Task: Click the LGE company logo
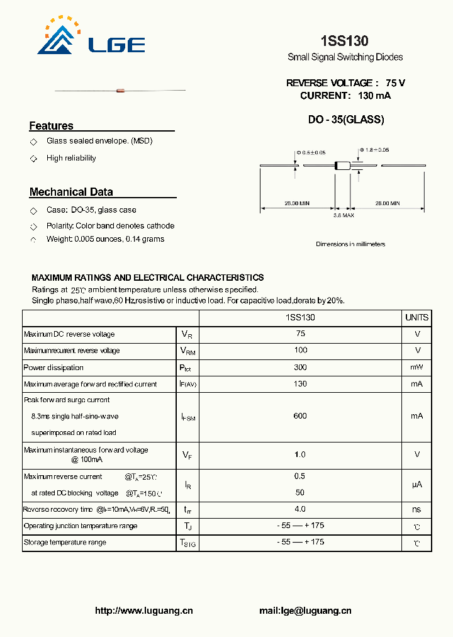[91, 37]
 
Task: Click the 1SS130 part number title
[344, 41]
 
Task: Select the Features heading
[51, 126]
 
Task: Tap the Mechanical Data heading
[71, 192]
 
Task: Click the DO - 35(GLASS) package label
[346, 120]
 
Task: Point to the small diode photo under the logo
[121, 91]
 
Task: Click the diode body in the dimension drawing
[342, 166]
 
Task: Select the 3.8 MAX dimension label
[344, 215]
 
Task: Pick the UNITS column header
[417, 318]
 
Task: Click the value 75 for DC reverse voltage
[300, 334]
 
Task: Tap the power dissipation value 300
[300, 367]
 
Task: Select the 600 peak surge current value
[300, 416]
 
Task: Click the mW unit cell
[417, 367]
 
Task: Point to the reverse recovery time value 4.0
[300, 509]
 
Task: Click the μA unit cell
[417, 485]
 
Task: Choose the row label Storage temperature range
[65, 542]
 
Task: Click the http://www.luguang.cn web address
[143, 611]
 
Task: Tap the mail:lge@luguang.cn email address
[305, 611]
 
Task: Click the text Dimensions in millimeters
[350, 244]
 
